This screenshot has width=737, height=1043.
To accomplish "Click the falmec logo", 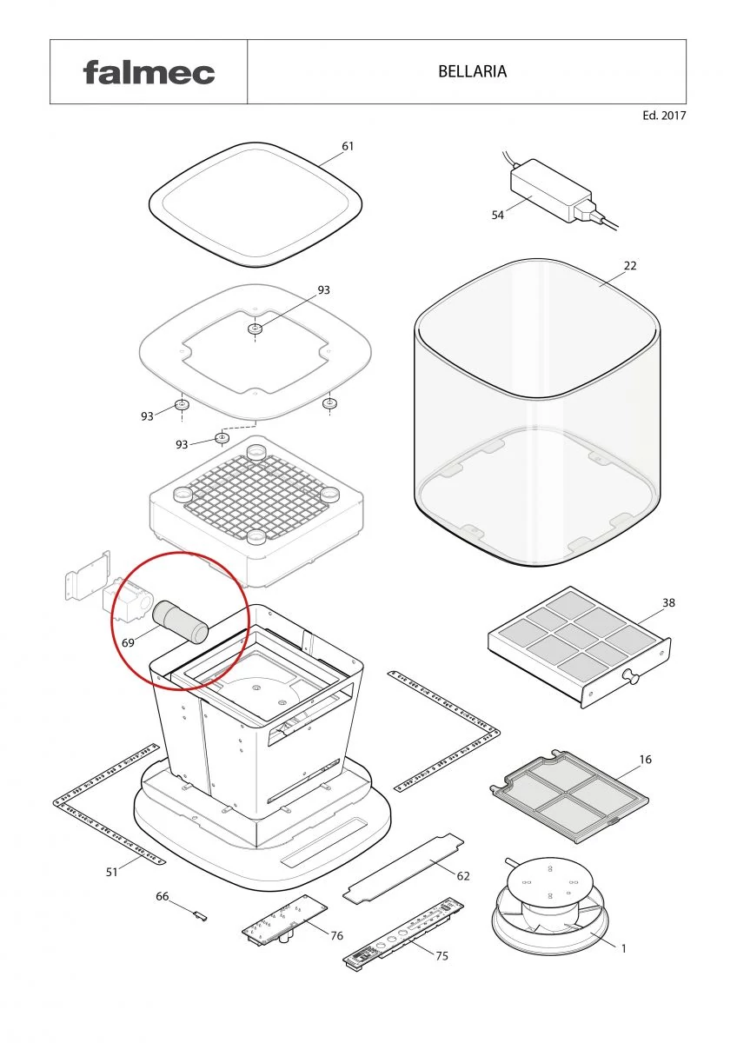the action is pyautogui.click(x=149, y=73).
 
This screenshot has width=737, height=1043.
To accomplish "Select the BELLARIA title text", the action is pyautogui.click(x=472, y=71).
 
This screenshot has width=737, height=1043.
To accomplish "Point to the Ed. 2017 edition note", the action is pyautogui.click(x=664, y=116).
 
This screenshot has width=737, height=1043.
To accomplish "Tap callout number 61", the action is pyautogui.click(x=348, y=146).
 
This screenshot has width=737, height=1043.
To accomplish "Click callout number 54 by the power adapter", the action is pyautogui.click(x=498, y=215).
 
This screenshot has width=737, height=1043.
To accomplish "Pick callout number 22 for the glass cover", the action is pyautogui.click(x=630, y=266).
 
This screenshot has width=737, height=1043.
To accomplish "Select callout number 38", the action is pyautogui.click(x=668, y=603).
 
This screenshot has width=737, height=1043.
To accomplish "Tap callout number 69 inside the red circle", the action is pyautogui.click(x=128, y=643).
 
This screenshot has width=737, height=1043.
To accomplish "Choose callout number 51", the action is pyautogui.click(x=112, y=872).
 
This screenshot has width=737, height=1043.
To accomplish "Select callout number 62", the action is pyautogui.click(x=463, y=876).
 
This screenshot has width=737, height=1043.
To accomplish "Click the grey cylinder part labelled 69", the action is pyautogui.click(x=181, y=622).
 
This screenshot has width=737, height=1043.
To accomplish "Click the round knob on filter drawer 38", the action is pyautogui.click(x=632, y=676).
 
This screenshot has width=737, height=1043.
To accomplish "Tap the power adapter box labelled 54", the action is pyautogui.click(x=551, y=190).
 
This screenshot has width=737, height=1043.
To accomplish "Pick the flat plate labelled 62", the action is pyautogui.click(x=403, y=869).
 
